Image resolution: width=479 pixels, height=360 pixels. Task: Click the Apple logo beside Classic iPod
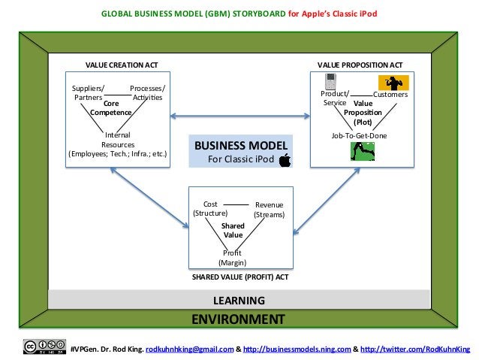[285, 159]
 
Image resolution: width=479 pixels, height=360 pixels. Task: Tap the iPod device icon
[329, 82]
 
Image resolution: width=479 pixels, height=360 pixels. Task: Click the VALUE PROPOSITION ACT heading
[360, 65]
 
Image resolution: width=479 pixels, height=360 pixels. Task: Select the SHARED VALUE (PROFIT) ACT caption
[239, 277]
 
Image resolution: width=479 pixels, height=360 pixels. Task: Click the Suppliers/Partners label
[88, 93]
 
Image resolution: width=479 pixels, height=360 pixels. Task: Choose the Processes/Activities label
[147, 93]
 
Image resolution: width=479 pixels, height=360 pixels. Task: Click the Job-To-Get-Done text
[359, 135]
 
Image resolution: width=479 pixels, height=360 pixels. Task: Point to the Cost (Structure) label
[210, 208]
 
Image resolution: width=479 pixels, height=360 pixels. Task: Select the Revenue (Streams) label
[269, 210]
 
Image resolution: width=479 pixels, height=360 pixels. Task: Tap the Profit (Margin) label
[232, 258]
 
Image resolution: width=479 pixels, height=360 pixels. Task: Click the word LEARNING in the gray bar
[239, 301]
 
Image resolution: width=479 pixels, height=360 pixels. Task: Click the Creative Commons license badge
[44, 347]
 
